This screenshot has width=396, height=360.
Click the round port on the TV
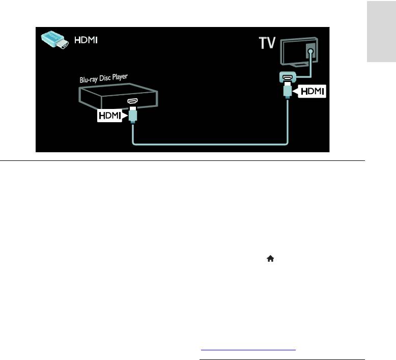(x=309, y=51)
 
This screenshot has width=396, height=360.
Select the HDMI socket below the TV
(x=286, y=78)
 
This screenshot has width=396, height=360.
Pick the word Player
(x=120, y=77)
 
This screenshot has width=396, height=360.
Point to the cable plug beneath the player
(x=133, y=117)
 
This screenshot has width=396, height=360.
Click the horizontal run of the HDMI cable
(x=209, y=144)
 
